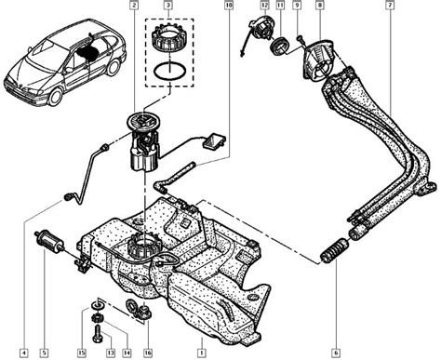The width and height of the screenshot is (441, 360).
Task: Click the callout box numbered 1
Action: point(202,353)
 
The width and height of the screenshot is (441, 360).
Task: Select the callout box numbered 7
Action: point(390,6)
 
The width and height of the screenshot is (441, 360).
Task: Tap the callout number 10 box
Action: point(229,6)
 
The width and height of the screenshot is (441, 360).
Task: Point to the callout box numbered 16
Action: point(148,353)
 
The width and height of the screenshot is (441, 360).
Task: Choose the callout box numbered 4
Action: point(23,353)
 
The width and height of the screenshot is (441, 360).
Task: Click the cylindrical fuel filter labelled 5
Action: point(49,239)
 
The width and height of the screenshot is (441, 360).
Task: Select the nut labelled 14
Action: point(98,317)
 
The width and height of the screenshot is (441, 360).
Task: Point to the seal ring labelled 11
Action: point(280,46)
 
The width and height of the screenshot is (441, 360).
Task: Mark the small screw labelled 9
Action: point(300,38)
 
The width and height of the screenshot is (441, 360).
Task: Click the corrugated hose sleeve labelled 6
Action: point(334,250)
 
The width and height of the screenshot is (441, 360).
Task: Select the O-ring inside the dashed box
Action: point(169,71)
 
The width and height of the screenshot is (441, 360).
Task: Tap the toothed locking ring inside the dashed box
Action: point(169,39)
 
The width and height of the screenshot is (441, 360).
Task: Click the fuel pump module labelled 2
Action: point(144,142)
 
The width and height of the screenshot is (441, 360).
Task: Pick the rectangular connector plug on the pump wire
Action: point(214,141)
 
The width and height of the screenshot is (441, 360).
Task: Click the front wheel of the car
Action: point(56,97)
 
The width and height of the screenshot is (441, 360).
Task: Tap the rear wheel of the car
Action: point(114,67)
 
